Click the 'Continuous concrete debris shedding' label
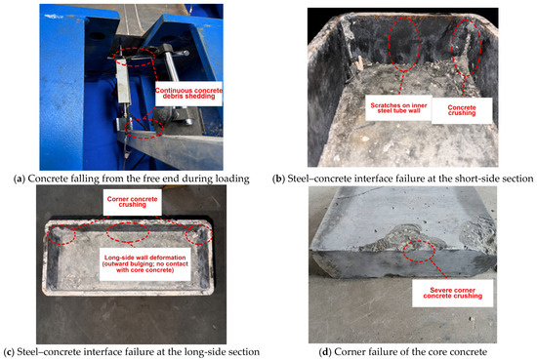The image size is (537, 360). click(188, 94)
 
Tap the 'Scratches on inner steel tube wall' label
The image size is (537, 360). click(398, 108)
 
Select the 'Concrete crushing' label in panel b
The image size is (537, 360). click(462, 110)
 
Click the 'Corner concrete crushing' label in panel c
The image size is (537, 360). click(132, 202)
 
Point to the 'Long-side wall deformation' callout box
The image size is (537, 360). click(145, 263)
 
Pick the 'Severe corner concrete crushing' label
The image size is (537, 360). click(452, 293)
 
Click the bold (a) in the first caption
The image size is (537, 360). click(20, 179)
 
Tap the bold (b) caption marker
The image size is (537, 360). click(279, 179)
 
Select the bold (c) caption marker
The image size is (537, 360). click(9, 352)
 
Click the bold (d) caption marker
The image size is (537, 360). click(325, 352)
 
